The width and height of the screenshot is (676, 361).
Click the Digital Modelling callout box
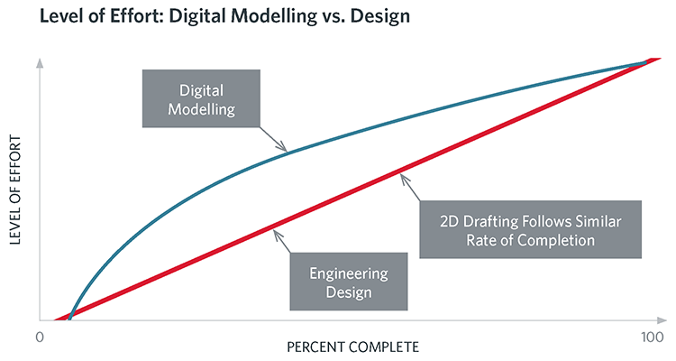[200, 99]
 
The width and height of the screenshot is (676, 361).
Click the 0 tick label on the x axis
[39, 337]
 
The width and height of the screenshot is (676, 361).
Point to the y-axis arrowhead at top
[40, 65]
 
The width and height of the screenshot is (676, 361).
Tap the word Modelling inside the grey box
[200, 109]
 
